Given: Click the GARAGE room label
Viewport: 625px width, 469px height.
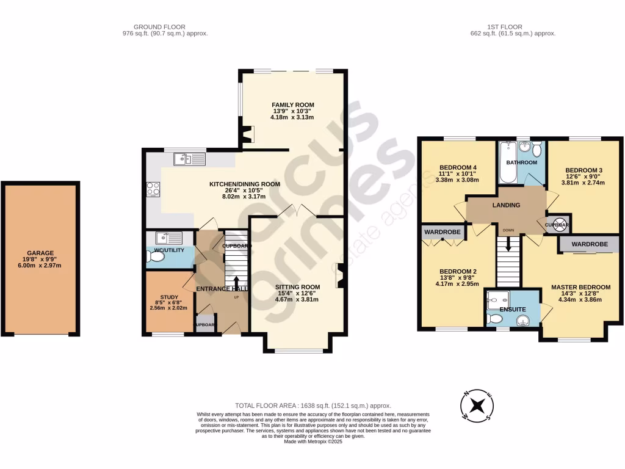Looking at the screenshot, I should click(40, 253).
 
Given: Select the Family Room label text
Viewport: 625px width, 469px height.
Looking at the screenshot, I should click(293, 105).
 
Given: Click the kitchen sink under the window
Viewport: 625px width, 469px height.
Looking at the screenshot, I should click(189, 159).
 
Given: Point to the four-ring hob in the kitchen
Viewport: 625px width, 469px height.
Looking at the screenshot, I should click(153, 189).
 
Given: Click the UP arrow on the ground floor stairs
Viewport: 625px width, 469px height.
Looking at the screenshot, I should click(237, 283).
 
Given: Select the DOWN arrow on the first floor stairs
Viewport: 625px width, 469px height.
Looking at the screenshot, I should click(508, 245).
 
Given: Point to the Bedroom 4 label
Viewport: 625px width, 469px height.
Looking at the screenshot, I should click(458, 167).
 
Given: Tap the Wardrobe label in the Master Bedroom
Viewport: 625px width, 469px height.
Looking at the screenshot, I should click(590, 244).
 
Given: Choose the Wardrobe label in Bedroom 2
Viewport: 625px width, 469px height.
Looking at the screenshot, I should click(443, 232).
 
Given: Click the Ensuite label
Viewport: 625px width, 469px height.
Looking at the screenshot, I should click(513, 310).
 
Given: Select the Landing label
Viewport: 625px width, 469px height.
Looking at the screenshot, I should click(506, 205).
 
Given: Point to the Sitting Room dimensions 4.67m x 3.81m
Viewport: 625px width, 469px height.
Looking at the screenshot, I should click(297, 300).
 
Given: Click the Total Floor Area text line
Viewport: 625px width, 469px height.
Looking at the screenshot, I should click(312, 406).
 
